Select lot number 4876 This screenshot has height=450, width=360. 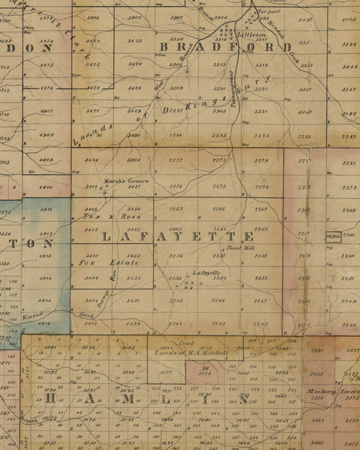46,88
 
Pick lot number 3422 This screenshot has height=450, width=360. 94,88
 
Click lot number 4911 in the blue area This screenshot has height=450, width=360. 46,209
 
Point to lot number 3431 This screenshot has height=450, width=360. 134,301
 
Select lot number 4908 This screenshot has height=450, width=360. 46,135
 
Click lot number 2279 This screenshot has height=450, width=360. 261,160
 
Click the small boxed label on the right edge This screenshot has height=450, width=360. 333,237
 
